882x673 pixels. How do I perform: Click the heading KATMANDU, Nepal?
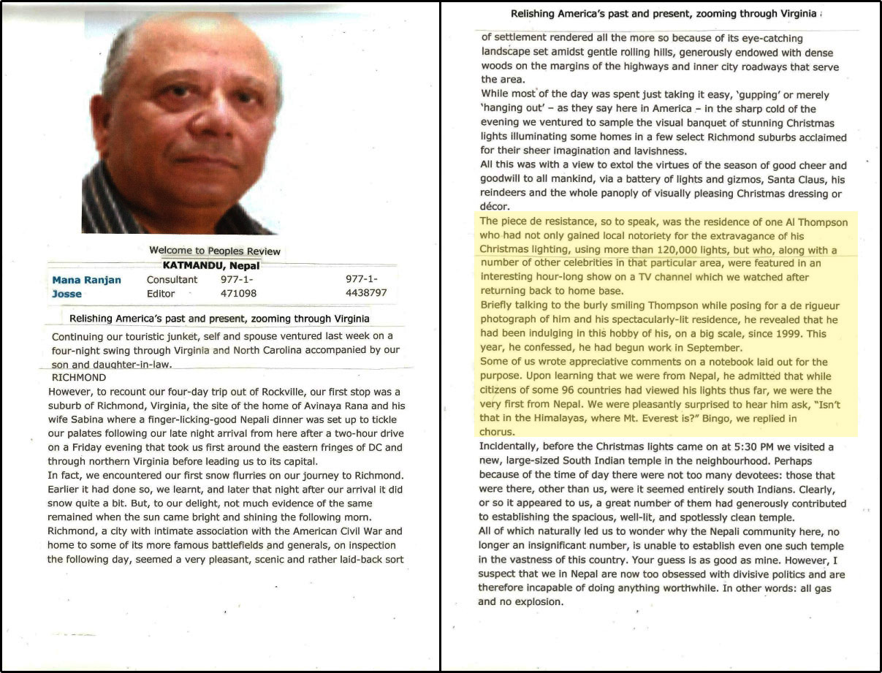pos(210,265)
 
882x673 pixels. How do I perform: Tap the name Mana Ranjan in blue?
pos(86,280)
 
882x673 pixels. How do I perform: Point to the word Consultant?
pos(172,280)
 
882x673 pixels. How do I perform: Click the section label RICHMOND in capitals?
pos(79,378)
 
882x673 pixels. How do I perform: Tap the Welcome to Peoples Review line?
pos(214,251)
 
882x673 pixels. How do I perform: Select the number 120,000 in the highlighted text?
pos(620,250)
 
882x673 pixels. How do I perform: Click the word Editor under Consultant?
pos(161,293)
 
